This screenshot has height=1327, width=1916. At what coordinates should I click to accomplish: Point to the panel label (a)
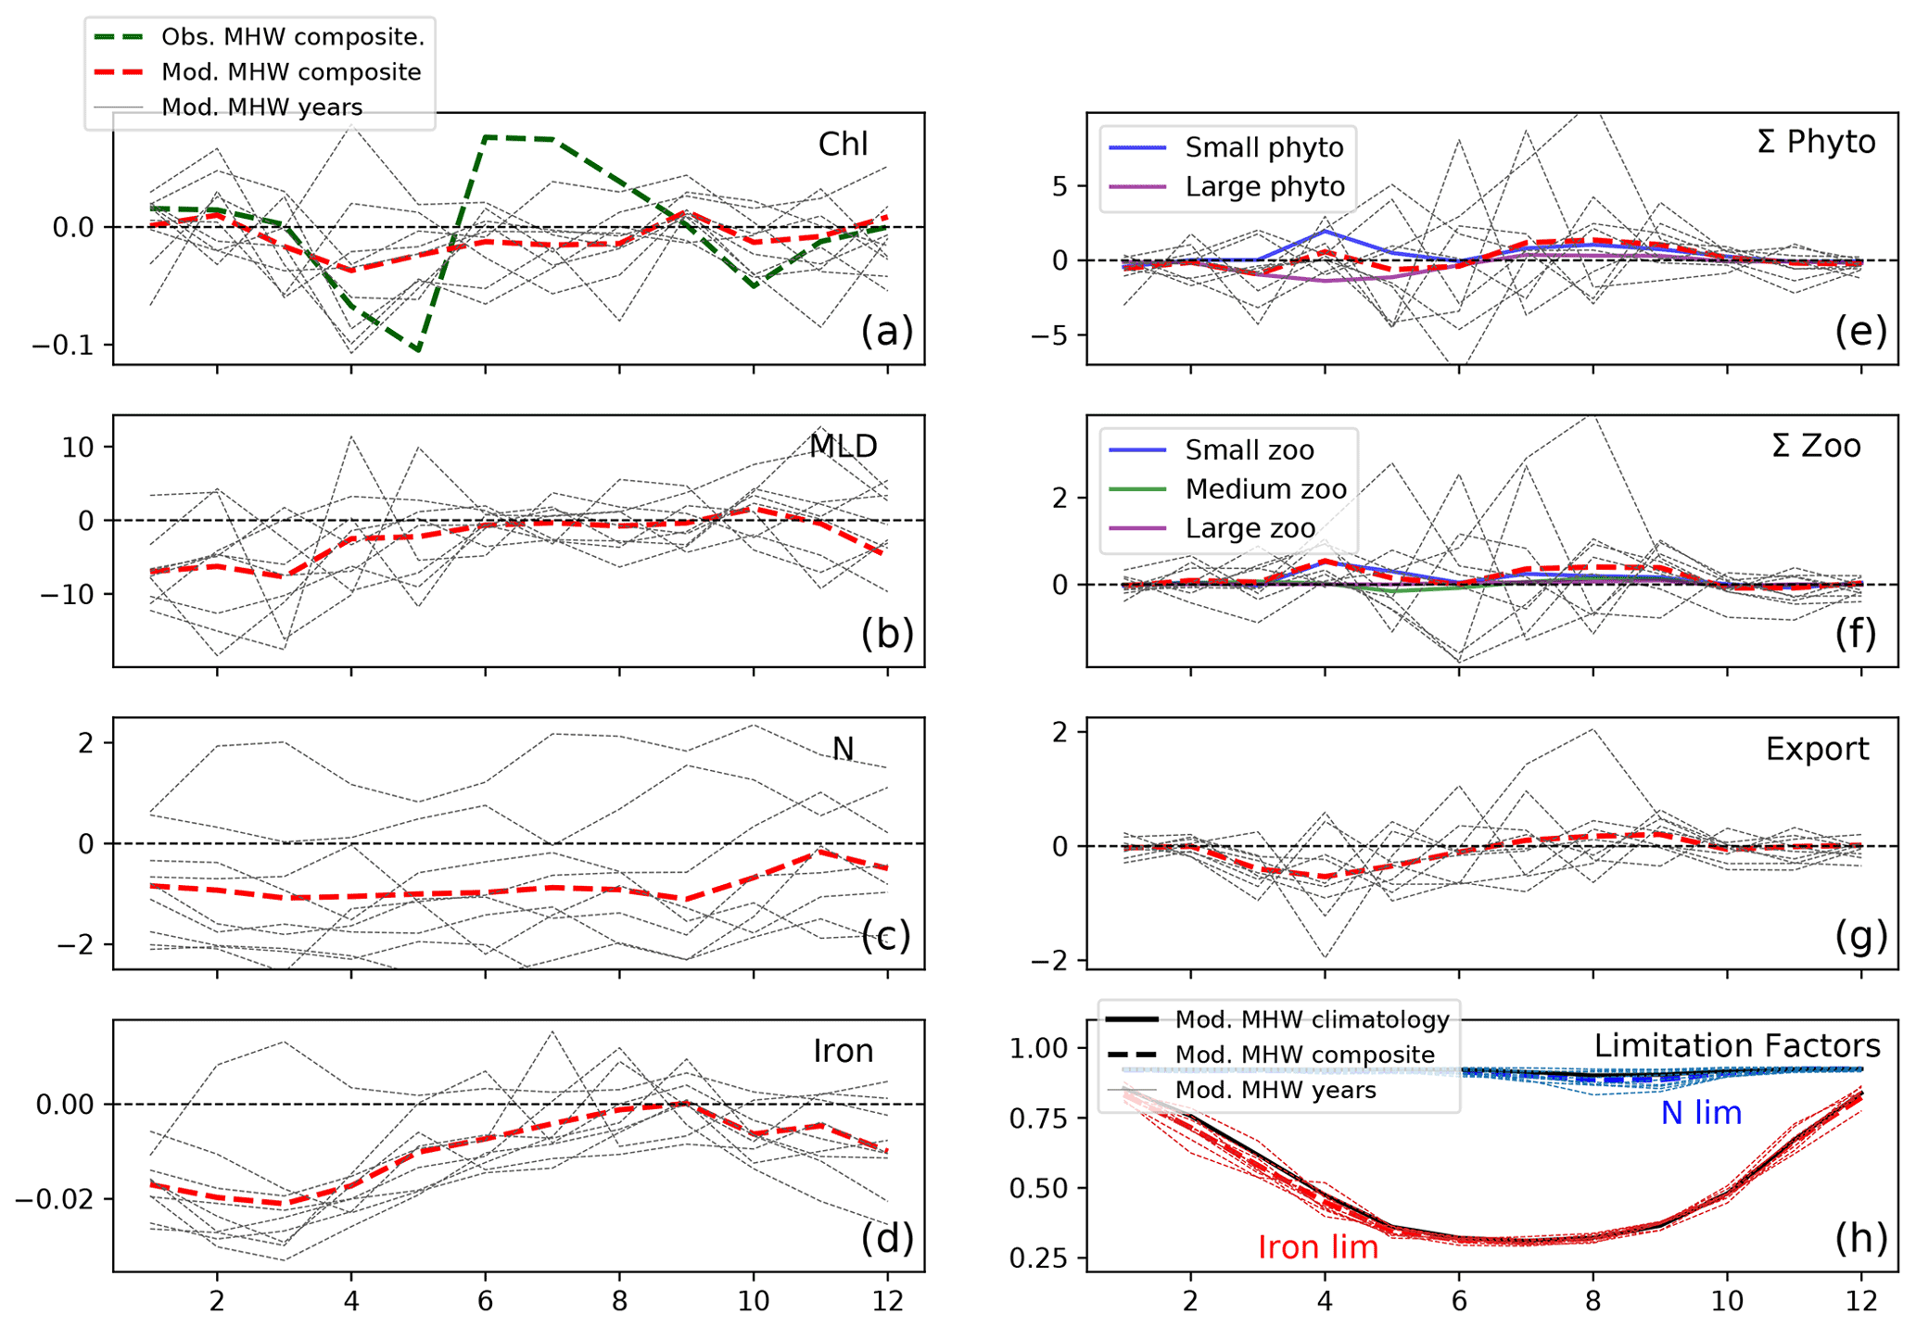pos(886,331)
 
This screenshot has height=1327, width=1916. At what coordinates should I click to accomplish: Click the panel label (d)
pos(886,1238)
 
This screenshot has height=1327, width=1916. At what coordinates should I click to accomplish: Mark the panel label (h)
pos(1860,1238)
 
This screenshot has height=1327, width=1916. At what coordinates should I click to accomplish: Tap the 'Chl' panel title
pos(843,144)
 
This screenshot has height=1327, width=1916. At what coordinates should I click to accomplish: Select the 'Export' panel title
pos(1816,749)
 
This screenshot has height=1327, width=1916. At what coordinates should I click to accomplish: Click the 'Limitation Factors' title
pos(1736,1045)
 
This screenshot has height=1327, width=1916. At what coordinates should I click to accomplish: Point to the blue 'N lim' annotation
pos(1700,1113)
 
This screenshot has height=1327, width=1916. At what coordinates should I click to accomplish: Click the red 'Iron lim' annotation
pos(1317,1247)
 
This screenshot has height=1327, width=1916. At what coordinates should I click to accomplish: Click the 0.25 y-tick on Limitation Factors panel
pos(1038,1258)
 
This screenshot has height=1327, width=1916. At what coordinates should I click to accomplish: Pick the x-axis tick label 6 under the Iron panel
pos(485,1301)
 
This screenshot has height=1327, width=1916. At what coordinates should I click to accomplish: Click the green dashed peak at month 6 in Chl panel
pos(486,137)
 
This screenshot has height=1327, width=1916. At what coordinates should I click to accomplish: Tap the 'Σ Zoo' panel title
pos(1815,446)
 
